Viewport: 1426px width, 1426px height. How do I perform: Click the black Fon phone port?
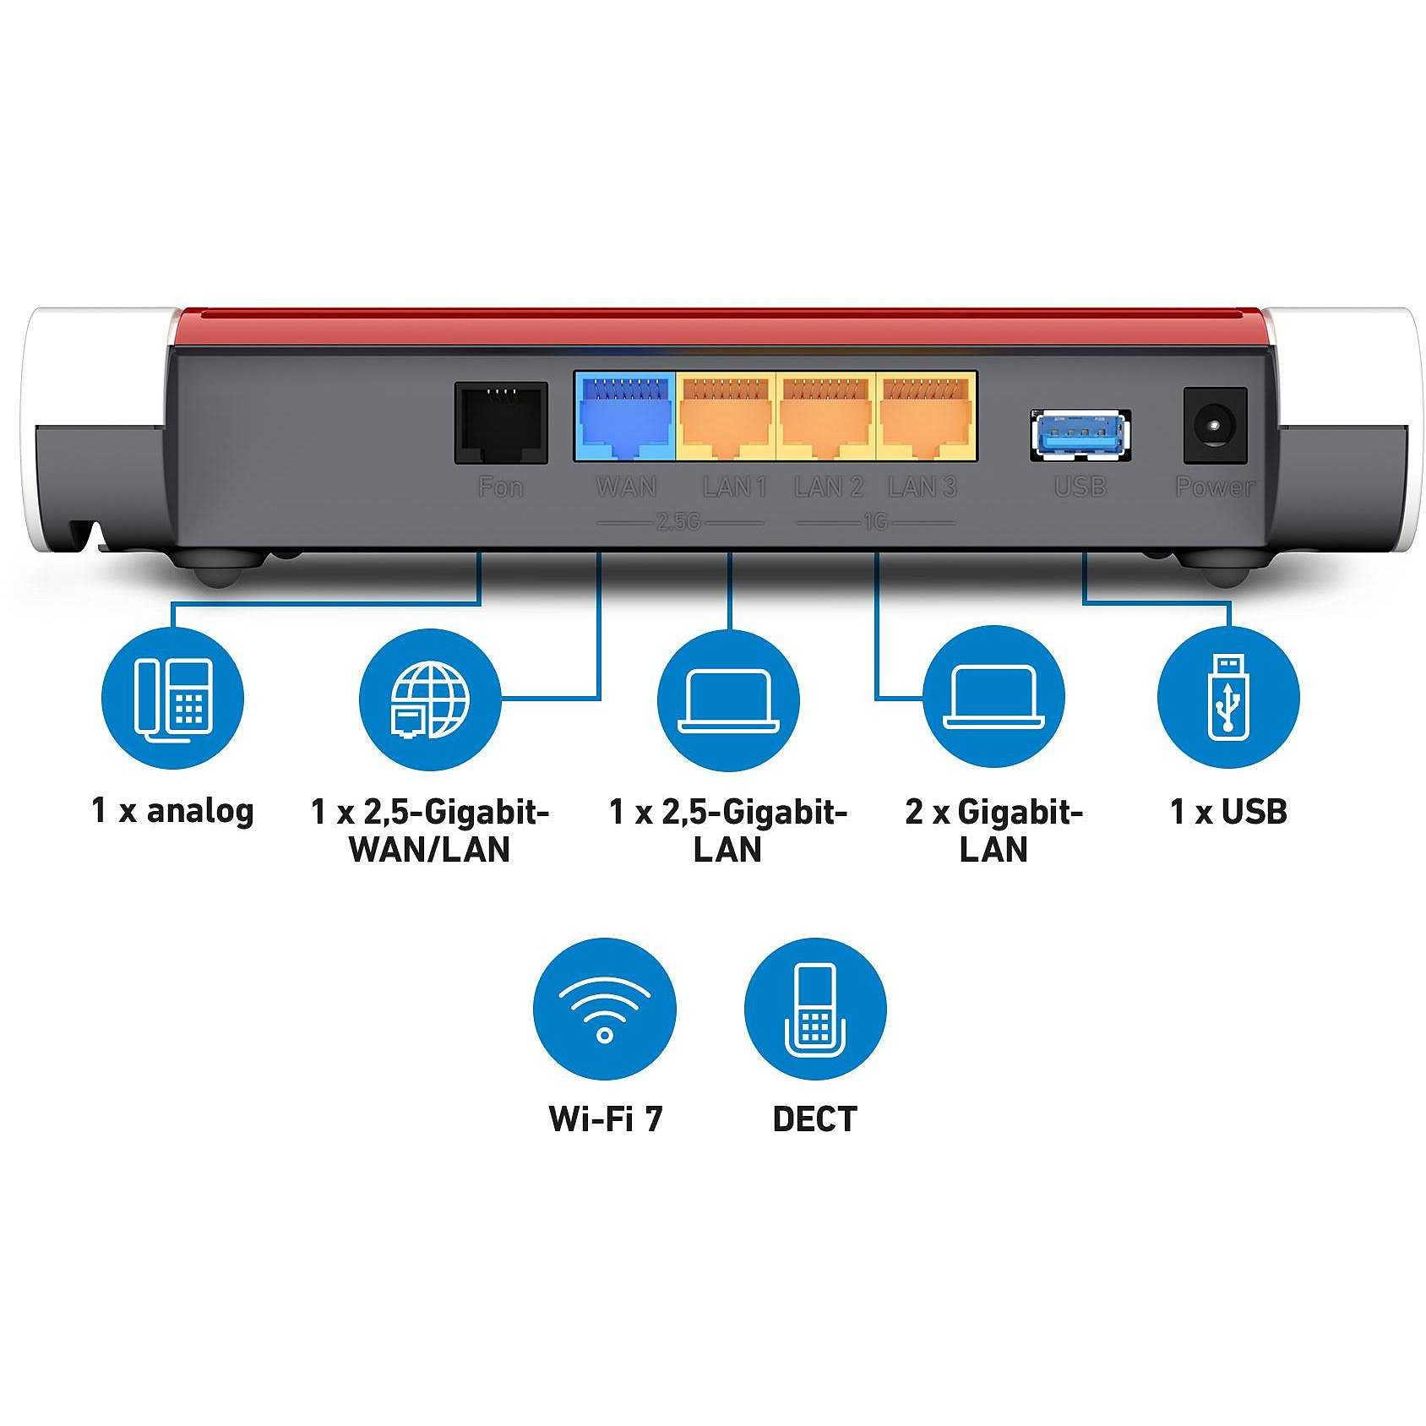501,422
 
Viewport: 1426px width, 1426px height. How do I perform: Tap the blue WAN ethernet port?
625,416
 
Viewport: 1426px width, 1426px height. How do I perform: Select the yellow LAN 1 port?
726,416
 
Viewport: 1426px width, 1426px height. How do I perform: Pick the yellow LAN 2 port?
826,416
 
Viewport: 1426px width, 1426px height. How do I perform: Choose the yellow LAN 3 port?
927,416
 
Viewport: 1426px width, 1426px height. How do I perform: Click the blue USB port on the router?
1080,435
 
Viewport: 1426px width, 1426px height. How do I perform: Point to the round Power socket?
1215,425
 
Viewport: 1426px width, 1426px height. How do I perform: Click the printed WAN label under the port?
626,487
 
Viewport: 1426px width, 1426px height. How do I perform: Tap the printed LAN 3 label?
923,487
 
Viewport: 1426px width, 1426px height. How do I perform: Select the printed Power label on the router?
1215,487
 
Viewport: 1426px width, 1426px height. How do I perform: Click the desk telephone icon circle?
172,698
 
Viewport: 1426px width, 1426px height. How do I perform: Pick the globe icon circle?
430,698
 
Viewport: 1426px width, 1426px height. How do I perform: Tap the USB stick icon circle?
1228,698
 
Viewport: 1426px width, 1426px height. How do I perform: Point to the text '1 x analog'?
172,811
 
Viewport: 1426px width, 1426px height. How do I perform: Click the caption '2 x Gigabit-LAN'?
993,830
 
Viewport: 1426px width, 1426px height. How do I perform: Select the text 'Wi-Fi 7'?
606,1118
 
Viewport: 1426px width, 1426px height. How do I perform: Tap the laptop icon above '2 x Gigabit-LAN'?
993,698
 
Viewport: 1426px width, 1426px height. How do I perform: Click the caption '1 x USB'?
1228,811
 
